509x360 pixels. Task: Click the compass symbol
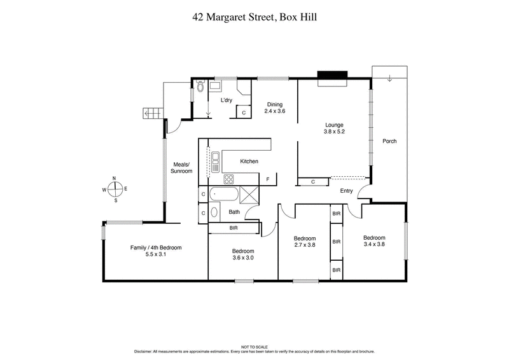click(115, 189)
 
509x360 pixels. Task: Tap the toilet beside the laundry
click(200, 87)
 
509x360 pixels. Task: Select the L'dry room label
click(226, 100)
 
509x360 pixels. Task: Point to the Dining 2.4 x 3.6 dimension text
click(275, 111)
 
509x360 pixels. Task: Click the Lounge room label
click(334, 125)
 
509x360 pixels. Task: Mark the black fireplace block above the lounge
click(331, 77)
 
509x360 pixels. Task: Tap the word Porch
click(389, 141)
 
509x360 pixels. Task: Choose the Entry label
click(346, 191)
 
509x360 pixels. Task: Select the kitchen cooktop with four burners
click(228, 178)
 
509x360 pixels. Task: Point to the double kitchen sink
click(216, 162)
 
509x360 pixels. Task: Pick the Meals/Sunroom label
click(182, 167)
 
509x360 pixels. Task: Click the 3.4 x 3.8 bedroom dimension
click(374, 244)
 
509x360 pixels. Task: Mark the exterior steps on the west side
click(152, 114)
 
